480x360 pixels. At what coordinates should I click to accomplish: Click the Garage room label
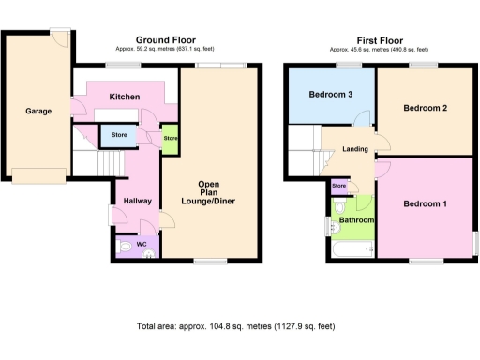tap(38, 111)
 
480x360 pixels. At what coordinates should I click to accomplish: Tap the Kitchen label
tap(125, 97)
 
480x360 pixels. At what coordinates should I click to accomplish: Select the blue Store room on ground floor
tap(118, 136)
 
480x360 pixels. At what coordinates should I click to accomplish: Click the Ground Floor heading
tap(164, 40)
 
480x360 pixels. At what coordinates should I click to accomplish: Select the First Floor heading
tap(379, 40)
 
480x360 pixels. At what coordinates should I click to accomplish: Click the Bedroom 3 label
tap(331, 95)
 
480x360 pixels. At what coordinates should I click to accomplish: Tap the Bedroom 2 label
tap(425, 108)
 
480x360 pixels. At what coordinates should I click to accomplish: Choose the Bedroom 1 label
tap(425, 203)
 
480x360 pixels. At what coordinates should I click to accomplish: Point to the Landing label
tap(354, 148)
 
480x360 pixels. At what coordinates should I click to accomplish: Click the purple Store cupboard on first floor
tap(338, 186)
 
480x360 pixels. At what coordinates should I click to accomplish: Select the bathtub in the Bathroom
tap(351, 248)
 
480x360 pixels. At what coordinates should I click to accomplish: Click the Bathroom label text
tap(356, 220)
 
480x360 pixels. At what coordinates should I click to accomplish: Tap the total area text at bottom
tap(234, 326)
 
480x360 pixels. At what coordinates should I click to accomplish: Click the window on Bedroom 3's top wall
tap(349, 65)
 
